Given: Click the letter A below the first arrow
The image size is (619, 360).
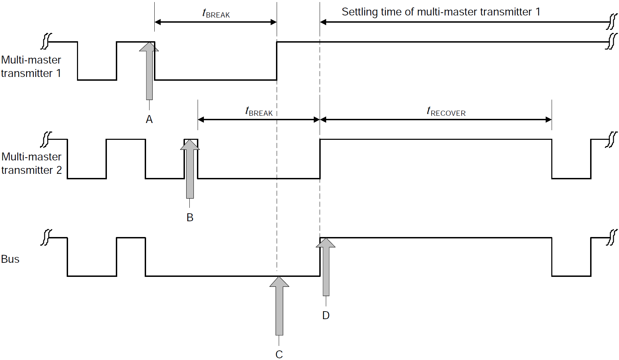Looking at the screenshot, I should [149, 119].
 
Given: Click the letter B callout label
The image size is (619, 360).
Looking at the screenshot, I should [190, 217].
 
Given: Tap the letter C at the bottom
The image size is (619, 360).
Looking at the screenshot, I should [279, 354].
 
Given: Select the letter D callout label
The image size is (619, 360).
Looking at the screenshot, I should [326, 315].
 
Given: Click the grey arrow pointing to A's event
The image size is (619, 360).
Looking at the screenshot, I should [149, 72].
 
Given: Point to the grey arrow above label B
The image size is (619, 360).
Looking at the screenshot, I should [190, 170].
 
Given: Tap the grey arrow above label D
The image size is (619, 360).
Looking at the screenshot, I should [326, 268].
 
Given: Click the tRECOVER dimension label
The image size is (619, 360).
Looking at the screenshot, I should [446, 112].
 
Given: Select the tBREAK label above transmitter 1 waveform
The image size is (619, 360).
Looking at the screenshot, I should [216, 14].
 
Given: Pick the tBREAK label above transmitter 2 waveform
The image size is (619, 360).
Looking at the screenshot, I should [259, 112].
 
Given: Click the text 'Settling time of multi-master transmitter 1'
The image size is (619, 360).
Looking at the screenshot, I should [441, 12].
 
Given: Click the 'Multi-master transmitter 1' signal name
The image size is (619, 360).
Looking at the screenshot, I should [31, 67].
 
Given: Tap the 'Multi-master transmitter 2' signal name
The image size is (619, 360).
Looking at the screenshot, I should [31, 164].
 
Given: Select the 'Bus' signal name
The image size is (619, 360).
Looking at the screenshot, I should [10, 259].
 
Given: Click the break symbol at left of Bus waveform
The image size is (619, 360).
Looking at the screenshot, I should [46, 237].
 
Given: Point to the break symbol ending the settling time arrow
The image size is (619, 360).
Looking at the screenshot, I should [612, 22].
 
